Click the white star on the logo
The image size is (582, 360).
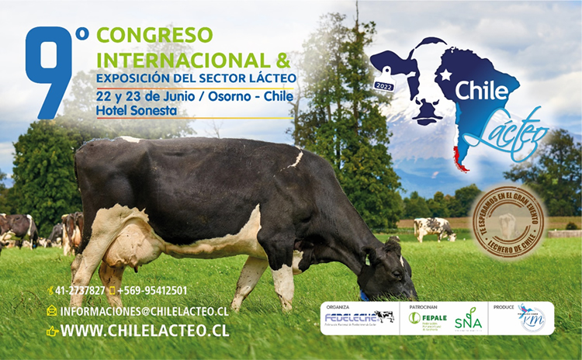point(446,75)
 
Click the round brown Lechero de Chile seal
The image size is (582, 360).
point(508,222)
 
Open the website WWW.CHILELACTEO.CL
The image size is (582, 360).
point(144,331)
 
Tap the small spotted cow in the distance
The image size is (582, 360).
point(434,227)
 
